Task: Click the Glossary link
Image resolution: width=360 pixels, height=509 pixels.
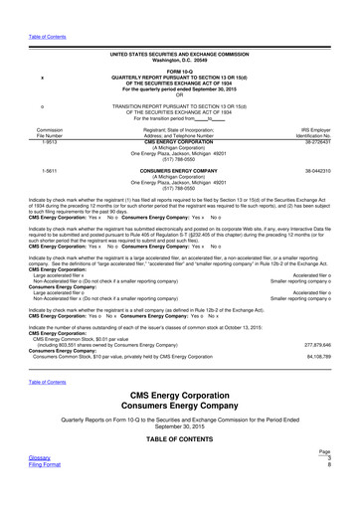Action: (25, 485)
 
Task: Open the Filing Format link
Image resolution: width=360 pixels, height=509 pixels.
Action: (31, 493)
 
